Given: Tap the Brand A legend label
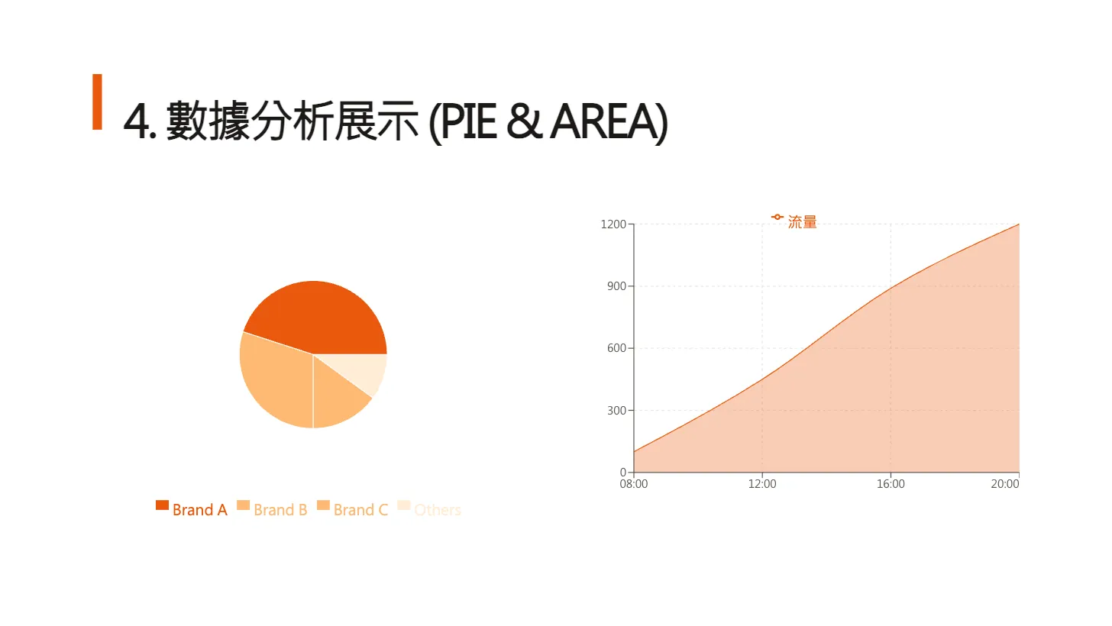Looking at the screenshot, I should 200,510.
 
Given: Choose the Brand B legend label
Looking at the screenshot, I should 280,510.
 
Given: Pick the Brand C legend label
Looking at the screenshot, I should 360,510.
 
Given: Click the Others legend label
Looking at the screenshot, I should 438,510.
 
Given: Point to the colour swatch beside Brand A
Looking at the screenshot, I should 162,505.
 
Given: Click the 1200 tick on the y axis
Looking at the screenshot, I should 613,224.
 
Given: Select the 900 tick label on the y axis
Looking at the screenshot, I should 616,286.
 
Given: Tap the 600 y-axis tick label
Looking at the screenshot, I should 616,348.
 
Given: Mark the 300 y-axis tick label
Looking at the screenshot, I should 616,411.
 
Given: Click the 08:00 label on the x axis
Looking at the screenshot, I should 634,484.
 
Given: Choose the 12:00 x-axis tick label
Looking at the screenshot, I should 762,484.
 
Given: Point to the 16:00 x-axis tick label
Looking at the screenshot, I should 891,484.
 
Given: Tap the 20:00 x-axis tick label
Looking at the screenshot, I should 1005,484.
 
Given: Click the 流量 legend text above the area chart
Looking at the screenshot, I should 803,222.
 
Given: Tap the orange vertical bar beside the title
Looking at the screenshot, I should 97,102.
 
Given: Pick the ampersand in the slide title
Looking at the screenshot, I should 522,121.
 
